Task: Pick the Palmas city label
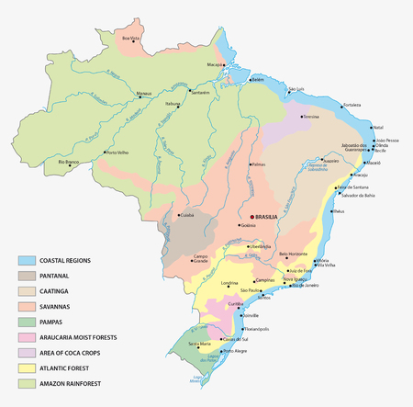[259, 165]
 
